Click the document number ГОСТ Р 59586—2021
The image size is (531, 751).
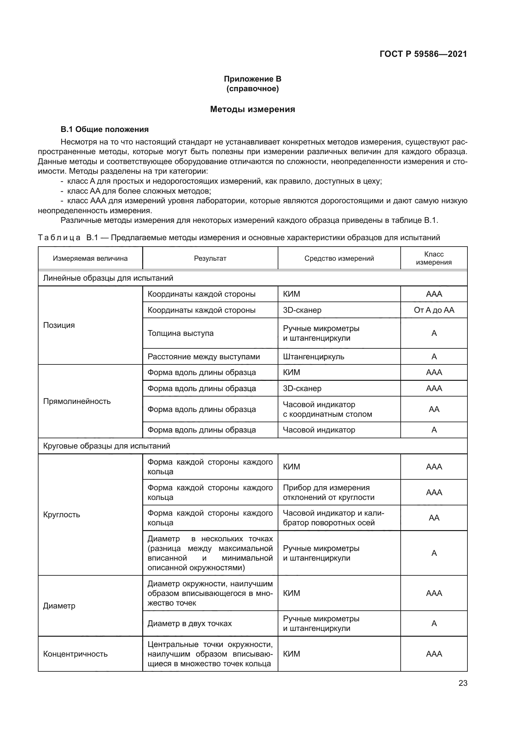pyautogui.click(x=423, y=54)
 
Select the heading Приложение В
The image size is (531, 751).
pyautogui.click(x=252, y=79)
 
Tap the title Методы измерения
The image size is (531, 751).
pyautogui.click(x=252, y=109)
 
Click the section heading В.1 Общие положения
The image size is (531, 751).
pyautogui.click(x=105, y=129)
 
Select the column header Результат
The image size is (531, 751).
pyautogui.click(x=210, y=258)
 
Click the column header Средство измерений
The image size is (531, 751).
pyautogui.click(x=339, y=258)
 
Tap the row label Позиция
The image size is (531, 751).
pyautogui.click(x=59, y=325)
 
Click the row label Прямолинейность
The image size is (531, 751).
pyautogui.click(x=77, y=401)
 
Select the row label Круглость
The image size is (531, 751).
pyautogui.click(x=61, y=514)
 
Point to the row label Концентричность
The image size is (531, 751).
pyautogui.click(x=75, y=654)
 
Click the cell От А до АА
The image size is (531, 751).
pyautogui.click(x=434, y=310)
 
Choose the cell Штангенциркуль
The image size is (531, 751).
pyautogui.click(x=313, y=356)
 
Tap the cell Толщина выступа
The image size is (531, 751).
pyautogui.click(x=180, y=333)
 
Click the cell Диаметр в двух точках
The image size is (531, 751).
pyautogui.click(x=190, y=624)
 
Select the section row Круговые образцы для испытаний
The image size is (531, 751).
pyautogui.click(x=107, y=446)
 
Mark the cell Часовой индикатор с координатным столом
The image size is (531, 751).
pyautogui.click(x=327, y=409)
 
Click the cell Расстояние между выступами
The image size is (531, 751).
pyautogui.click(x=204, y=356)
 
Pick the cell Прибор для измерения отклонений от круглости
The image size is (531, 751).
pyautogui.click(x=328, y=492)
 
